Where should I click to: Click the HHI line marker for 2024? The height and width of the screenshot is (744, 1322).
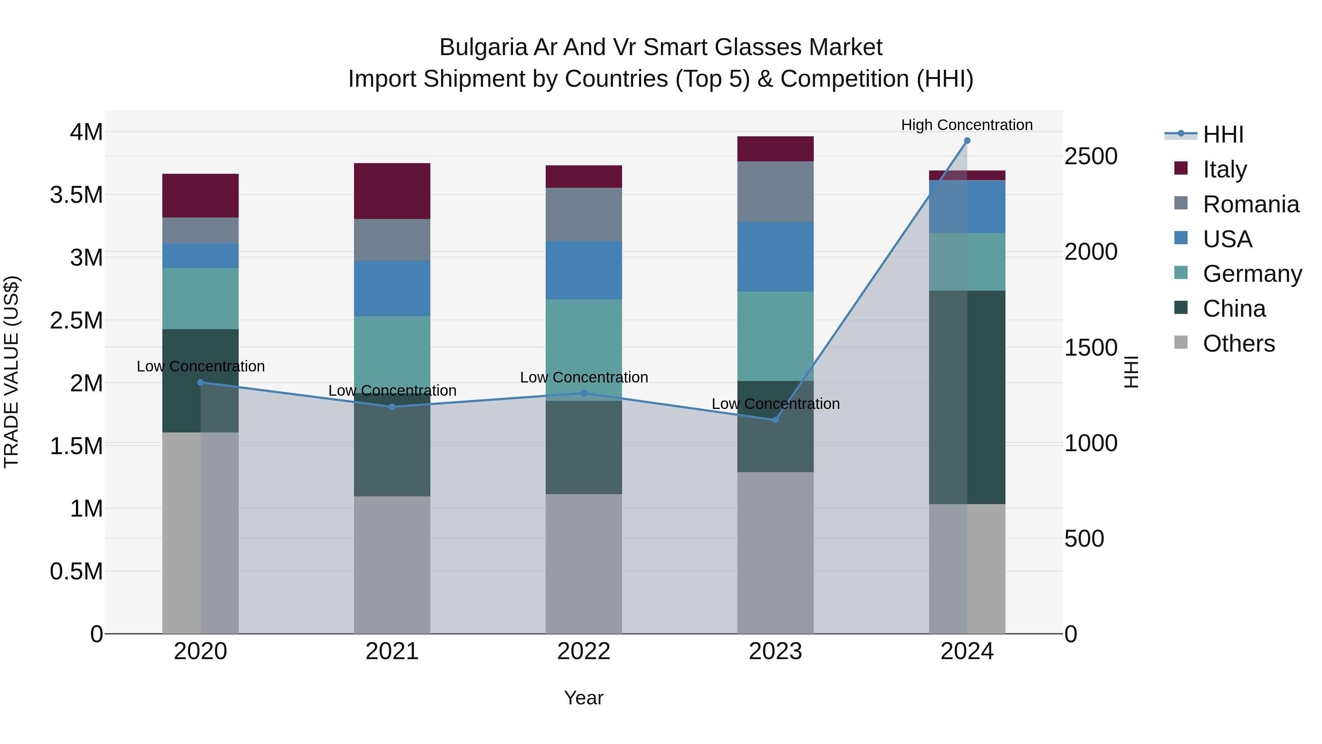[x=967, y=141]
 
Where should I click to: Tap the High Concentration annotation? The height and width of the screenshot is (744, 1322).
[x=967, y=125]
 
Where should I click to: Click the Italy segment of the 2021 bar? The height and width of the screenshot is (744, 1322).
[x=392, y=191]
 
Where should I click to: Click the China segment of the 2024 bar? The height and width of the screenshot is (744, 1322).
[x=967, y=397]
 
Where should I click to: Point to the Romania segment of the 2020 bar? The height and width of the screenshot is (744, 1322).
[x=200, y=230]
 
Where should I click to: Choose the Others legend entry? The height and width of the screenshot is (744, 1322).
[x=1238, y=344]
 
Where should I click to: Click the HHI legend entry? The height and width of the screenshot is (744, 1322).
[x=1223, y=134]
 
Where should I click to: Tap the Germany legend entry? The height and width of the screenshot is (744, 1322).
[x=1252, y=274]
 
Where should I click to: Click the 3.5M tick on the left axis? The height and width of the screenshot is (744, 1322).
[x=76, y=195]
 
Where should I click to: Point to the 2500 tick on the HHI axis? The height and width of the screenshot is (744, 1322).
[x=1091, y=156]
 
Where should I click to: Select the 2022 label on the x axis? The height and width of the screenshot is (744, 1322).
[x=584, y=651]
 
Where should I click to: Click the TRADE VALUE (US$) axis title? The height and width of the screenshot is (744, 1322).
[x=11, y=372]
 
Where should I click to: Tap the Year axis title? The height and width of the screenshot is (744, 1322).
[x=584, y=698]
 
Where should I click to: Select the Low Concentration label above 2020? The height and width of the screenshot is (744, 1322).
[x=200, y=366]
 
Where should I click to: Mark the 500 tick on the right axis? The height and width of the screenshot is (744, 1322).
[x=1084, y=539]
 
